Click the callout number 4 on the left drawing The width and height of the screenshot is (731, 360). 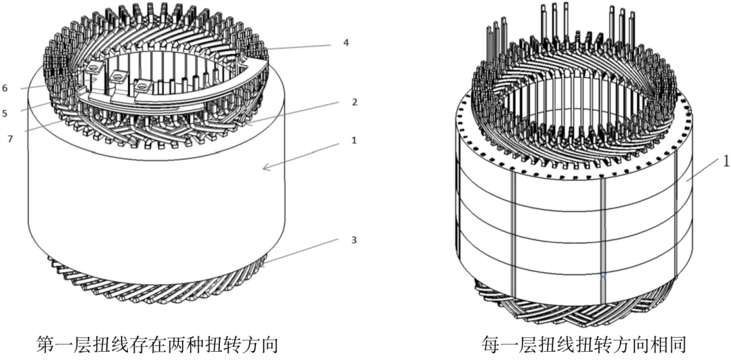pos(345,43)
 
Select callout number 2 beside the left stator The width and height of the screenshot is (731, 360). pos(354,103)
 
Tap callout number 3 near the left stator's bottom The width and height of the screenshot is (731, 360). pos(354,240)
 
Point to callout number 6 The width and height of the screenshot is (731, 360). pos(5,88)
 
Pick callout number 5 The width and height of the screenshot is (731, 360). pos(5,113)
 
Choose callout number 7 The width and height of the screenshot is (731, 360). pos(10,139)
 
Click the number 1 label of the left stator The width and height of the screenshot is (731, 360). pos(354,140)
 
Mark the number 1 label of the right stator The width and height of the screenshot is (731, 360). pos(726,161)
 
